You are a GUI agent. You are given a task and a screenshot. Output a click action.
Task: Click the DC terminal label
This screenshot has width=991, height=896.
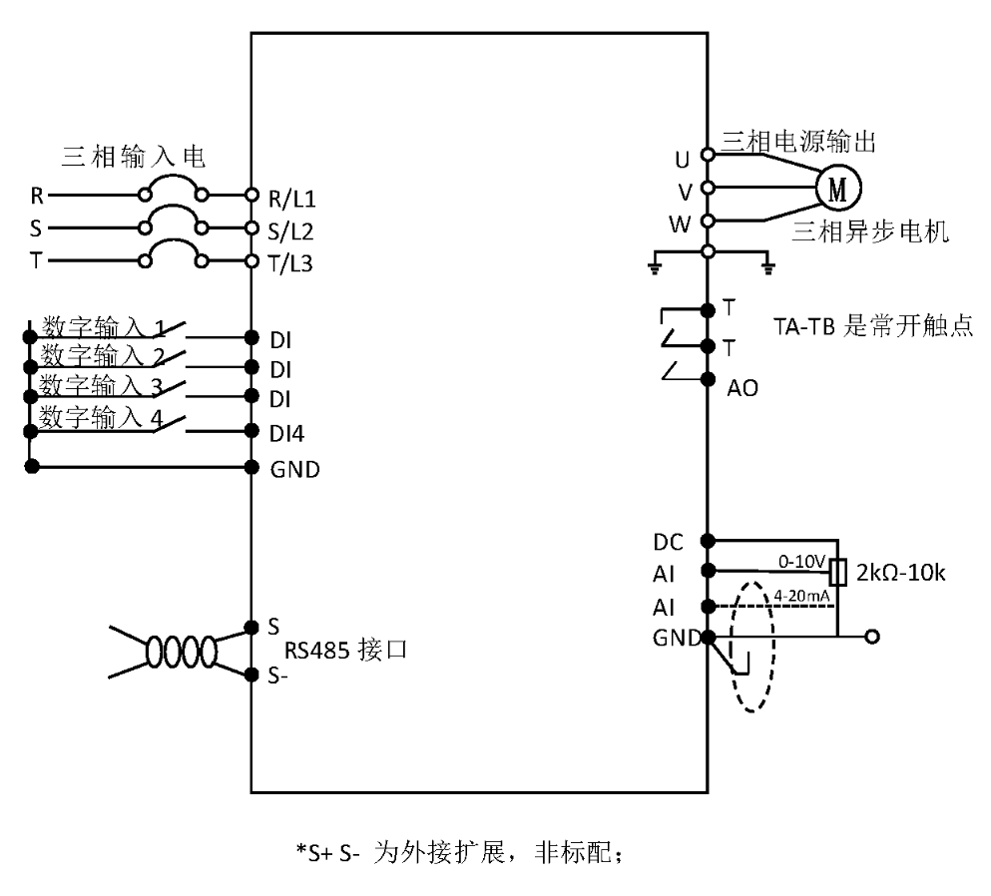(x=668, y=542)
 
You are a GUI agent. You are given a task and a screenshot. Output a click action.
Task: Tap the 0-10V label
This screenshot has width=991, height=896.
(x=802, y=562)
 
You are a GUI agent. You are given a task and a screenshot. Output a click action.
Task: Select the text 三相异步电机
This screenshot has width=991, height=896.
(x=870, y=231)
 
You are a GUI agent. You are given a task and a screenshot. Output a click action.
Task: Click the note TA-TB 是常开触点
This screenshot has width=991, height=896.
(x=872, y=326)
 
